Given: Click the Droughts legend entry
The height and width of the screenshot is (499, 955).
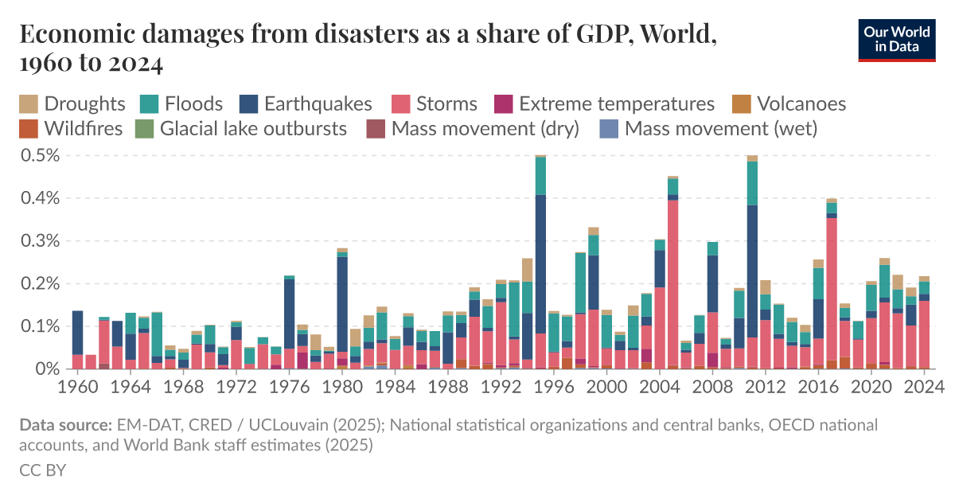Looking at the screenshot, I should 72,103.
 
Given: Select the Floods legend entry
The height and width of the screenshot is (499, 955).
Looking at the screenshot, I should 181,103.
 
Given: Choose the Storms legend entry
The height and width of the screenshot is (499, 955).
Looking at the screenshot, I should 434,103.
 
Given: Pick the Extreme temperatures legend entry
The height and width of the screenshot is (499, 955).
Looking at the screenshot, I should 605,103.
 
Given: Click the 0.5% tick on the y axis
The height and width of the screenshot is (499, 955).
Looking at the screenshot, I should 40,155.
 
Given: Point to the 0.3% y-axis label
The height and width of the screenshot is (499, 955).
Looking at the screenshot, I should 40,240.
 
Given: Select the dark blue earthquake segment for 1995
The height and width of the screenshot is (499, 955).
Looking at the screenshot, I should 540,263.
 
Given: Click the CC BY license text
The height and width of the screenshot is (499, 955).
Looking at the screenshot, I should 42,470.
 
